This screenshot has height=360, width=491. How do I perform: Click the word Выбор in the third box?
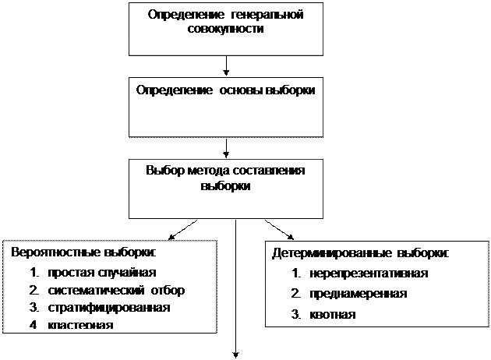(x=163, y=171)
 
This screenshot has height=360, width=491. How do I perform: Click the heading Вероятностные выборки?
(x=83, y=253)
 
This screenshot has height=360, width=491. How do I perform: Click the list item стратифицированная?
(x=108, y=308)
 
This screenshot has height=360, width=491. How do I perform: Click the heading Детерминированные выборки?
(x=360, y=254)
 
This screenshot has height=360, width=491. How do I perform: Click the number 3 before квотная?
(x=295, y=315)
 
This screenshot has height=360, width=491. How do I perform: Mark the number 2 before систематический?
(x=34, y=291)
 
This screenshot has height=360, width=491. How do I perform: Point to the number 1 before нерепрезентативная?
(x=295, y=274)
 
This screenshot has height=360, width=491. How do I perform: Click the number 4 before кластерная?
(x=34, y=325)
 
